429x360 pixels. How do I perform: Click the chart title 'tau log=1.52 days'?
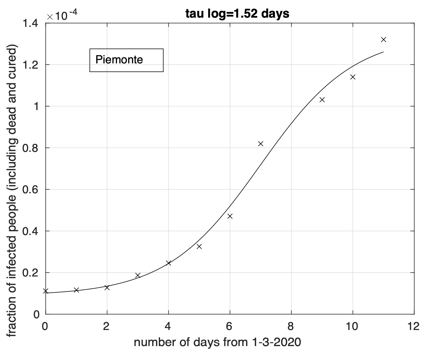coord(237,14)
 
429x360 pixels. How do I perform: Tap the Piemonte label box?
coord(126,60)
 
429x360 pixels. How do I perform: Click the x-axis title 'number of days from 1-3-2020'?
coord(217,342)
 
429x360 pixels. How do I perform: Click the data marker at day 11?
coord(383,39)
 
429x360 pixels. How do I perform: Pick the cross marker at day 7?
coord(261,144)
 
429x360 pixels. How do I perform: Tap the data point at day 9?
coord(322,100)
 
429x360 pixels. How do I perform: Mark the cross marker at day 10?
coord(353,77)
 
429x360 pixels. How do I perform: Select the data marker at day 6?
coord(230,216)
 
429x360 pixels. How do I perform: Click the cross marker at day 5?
coord(199,246)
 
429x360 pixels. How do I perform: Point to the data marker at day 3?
coord(138,275)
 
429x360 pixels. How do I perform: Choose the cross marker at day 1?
coord(76,290)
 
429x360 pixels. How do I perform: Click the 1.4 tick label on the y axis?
coord(31,23)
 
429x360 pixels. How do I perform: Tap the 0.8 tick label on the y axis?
coord(31,148)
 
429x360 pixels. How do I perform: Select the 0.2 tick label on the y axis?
coord(31,273)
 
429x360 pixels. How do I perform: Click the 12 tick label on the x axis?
coord(414,326)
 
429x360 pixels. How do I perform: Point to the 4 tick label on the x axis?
coord(168,326)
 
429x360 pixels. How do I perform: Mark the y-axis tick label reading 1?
coord(37,106)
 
